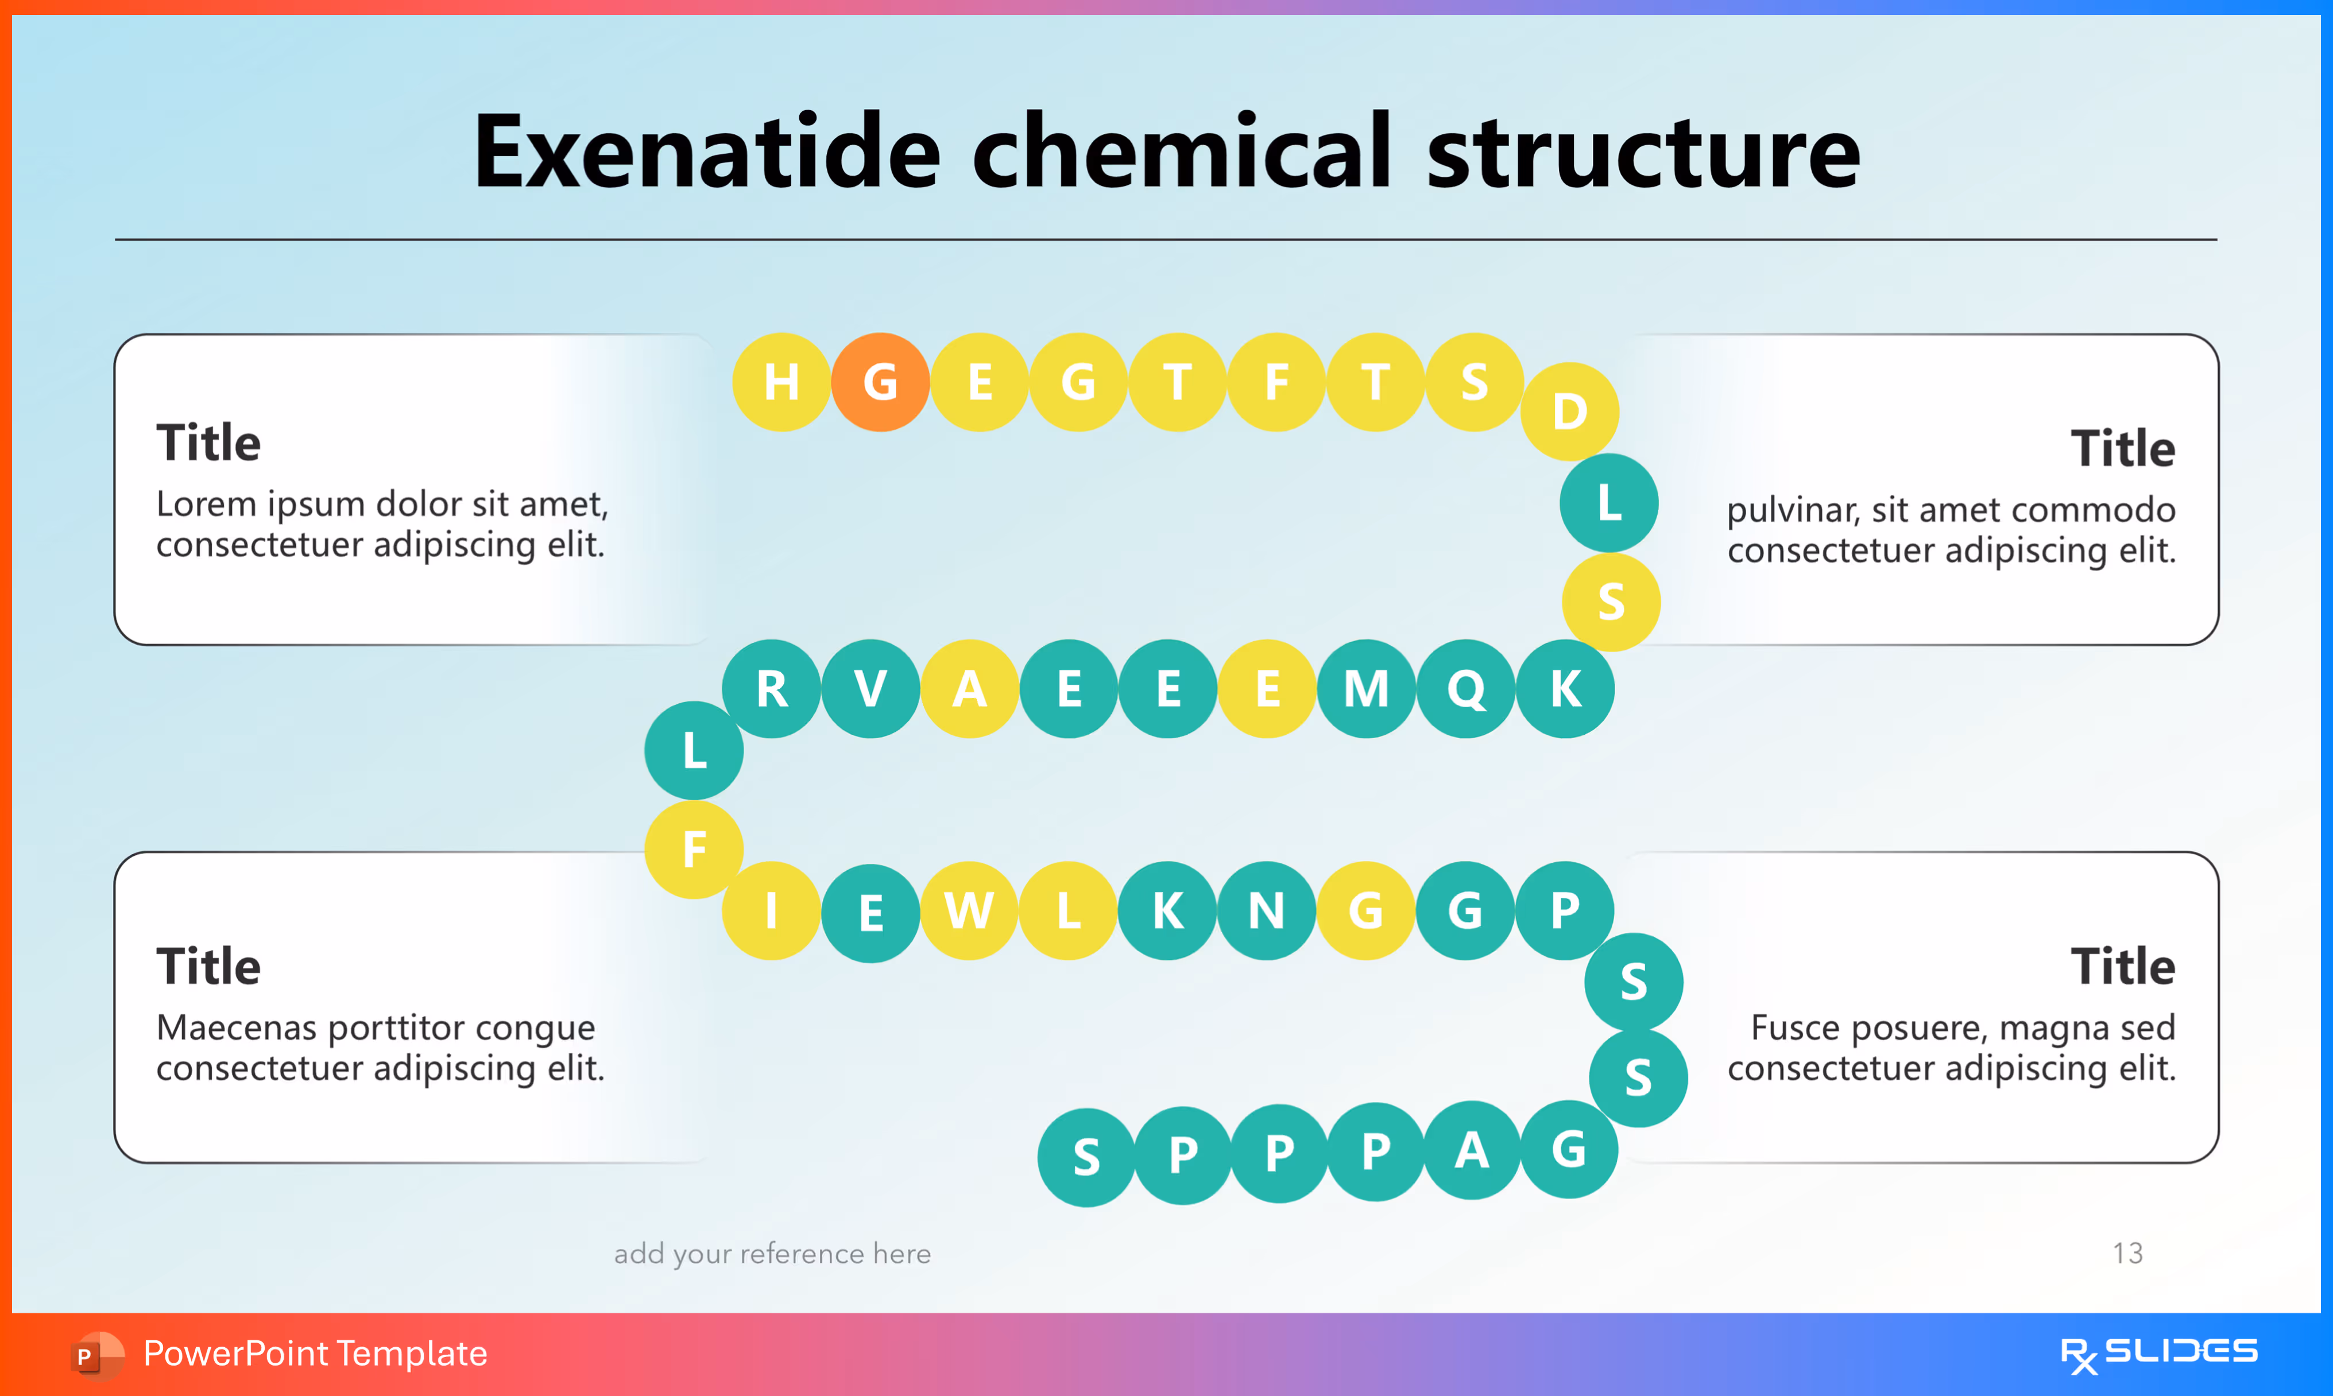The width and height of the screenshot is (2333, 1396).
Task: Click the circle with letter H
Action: click(x=781, y=382)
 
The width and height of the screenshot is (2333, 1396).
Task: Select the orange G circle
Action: click(x=880, y=382)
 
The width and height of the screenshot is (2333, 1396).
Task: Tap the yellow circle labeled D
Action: click(x=1569, y=411)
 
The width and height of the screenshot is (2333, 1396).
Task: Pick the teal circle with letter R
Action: click(x=771, y=689)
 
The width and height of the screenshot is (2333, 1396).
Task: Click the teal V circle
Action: click(x=870, y=689)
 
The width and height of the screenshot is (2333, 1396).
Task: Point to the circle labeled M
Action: click(x=1366, y=689)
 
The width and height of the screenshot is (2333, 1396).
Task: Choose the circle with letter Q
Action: click(x=1465, y=689)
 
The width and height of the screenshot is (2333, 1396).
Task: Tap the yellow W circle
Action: click(x=969, y=910)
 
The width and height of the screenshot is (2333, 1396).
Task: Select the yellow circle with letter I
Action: click(x=771, y=910)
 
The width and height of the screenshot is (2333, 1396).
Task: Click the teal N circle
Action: click(x=1266, y=910)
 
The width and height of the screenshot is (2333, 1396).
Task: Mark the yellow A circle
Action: click(x=969, y=689)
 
